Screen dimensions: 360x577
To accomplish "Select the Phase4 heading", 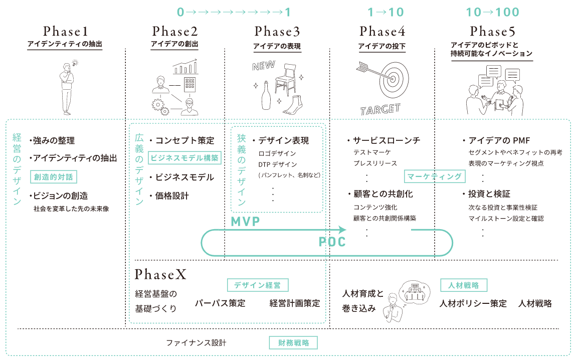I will pyautogui.click(x=382, y=31).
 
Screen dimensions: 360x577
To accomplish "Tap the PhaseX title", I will pyautogui.click(x=160, y=274).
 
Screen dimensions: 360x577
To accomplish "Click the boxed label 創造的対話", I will pyautogui.click(x=54, y=177).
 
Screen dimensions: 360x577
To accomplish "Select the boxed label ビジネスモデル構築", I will pyautogui.click(x=185, y=158).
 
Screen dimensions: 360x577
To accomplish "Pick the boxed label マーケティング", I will pyautogui.click(x=434, y=176).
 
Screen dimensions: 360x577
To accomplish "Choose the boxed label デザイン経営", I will pyautogui.click(x=258, y=285).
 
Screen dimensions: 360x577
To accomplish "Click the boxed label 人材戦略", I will pyautogui.click(x=464, y=285).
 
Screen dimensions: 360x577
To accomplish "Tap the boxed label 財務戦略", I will pyautogui.click(x=293, y=343).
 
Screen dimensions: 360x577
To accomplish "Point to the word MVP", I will pyautogui.click(x=245, y=222).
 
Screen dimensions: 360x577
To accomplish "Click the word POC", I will pyautogui.click(x=332, y=242).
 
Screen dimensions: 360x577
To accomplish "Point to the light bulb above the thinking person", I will pyautogui.click(x=75, y=63).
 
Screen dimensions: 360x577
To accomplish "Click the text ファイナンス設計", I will pyautogui.click(x=196, y=343).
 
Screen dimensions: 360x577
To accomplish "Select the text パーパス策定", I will pyautogui.click(x=220, y=303).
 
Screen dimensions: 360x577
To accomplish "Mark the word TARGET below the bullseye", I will pyautogui.click(x=380, y=109).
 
